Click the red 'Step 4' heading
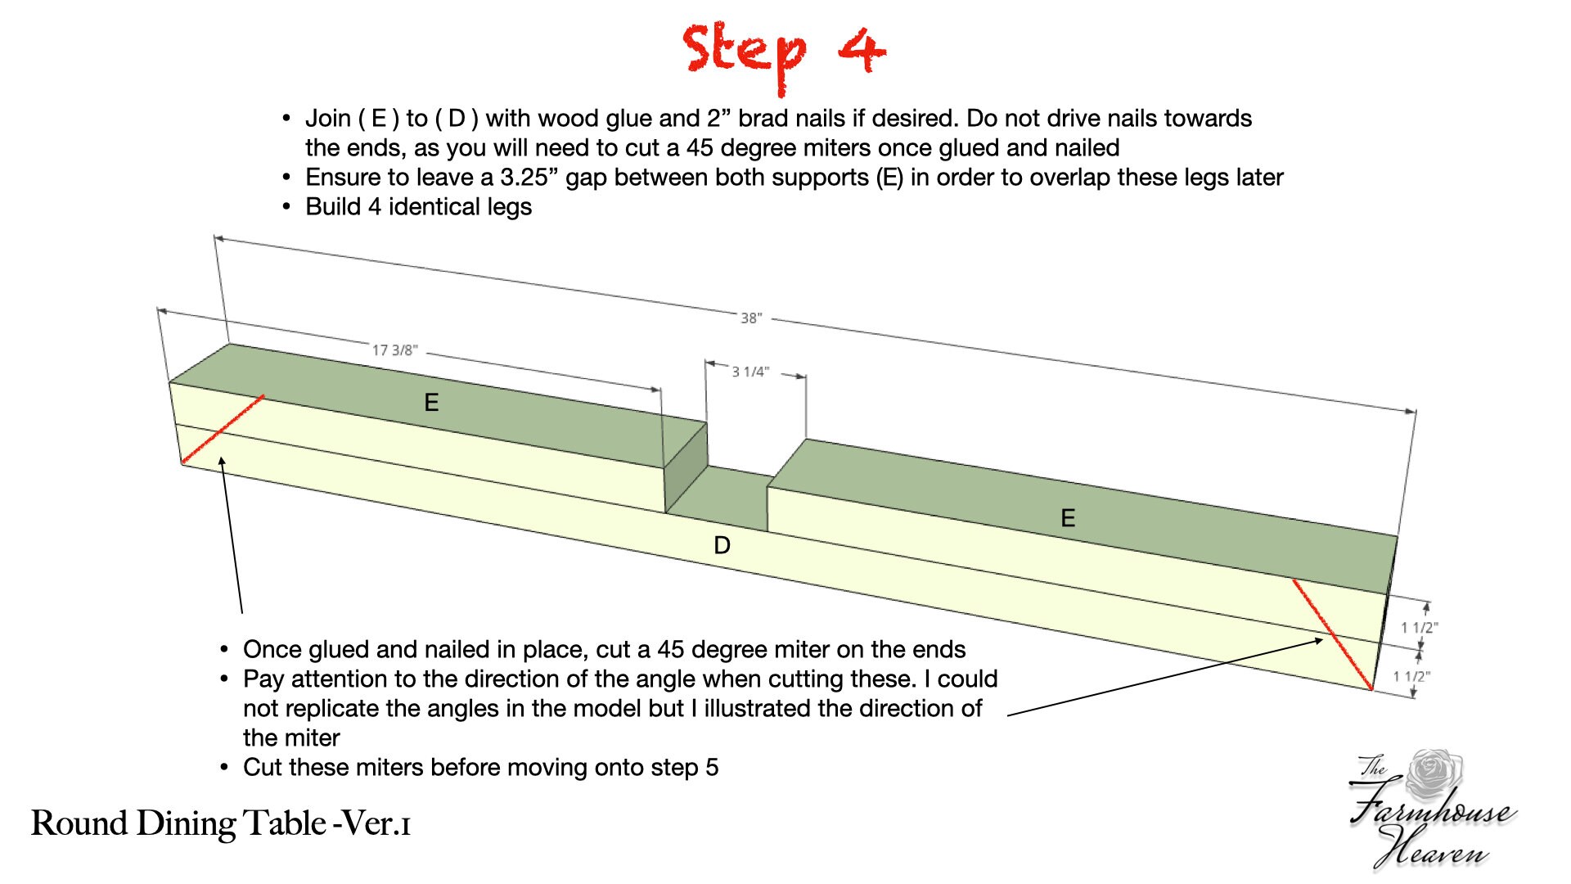point(784,51)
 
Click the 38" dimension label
point(751,318)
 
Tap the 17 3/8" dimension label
point(394,350)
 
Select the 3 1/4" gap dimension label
point(750,372)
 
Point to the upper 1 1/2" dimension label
point(1420,628)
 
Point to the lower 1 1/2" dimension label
point(1412,676)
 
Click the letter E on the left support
point(431,402)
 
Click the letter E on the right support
point(1068,517)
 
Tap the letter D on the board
point(722,545)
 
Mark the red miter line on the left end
point(223,430)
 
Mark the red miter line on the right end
point(1332,634)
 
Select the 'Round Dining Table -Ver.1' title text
point(221,823)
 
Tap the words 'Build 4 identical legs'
point(418,207)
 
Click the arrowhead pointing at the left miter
point(222,462)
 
